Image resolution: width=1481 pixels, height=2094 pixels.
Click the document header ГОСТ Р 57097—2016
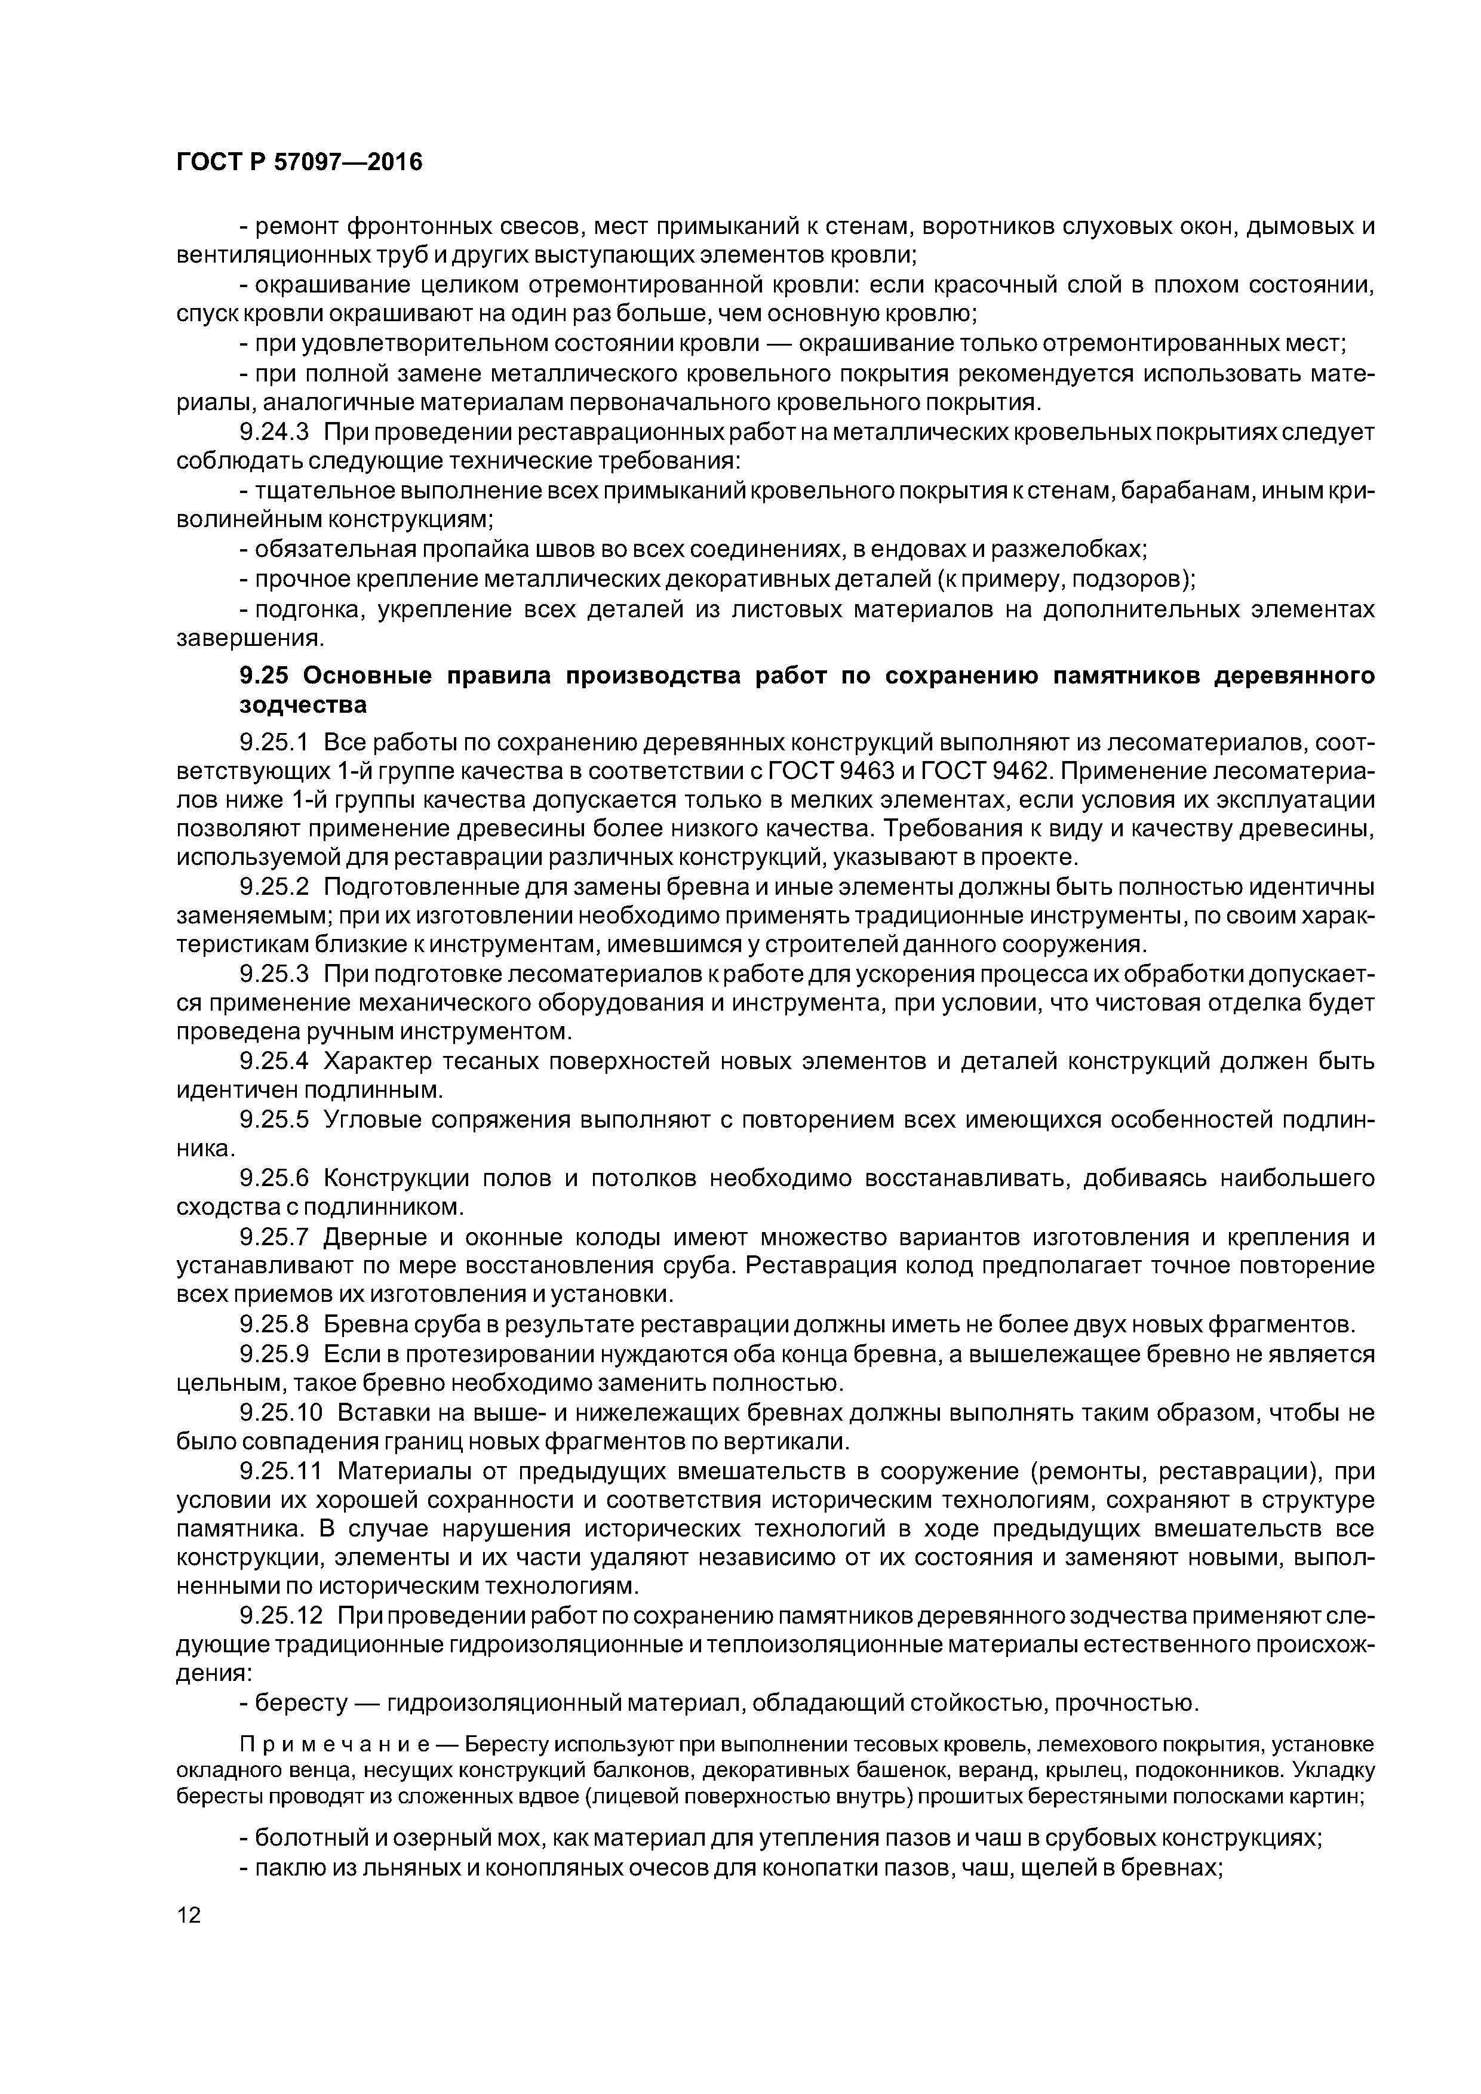click(299, 163)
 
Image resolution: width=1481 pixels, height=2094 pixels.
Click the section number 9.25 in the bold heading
click(264, 676)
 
